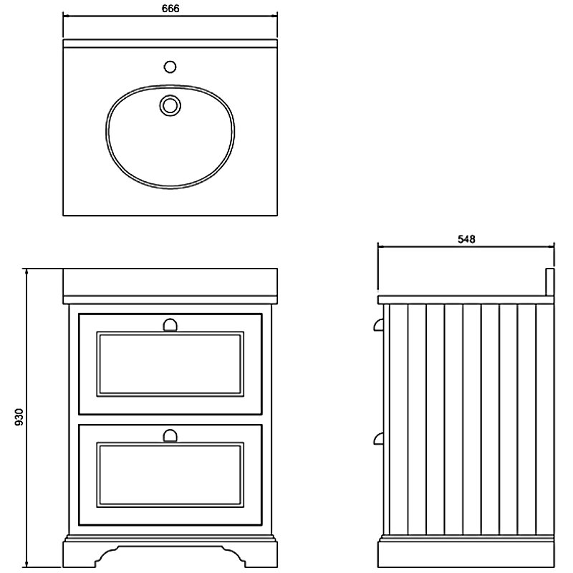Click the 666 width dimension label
[x=170, y=8]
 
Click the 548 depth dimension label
[x=466, y=239]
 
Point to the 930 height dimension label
[x=19, y=417]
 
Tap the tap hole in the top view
[x=170, y=67]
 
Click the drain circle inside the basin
[x=170, y=105]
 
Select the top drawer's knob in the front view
[x=170, y=325]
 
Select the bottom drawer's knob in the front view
[x=170, y=435]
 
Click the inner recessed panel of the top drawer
[x=170, y=364]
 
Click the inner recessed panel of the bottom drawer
[x=170, y=475]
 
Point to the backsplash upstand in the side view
[x=550, y=282]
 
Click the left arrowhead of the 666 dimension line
[x=66, y=16]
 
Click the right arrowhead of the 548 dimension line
[x=552, y=246]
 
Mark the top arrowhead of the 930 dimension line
[x=26, y=271]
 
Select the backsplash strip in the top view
[x=170, y=43]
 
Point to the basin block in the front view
[x=170, y=281]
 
